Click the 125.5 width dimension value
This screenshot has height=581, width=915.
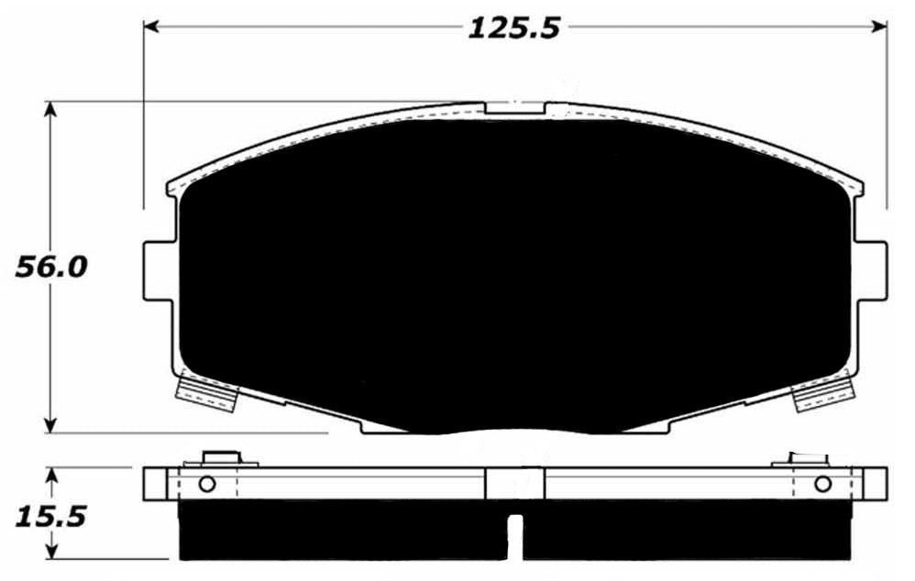click(x=513, y=27)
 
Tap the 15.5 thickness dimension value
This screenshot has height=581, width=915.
click(x=50, y=516)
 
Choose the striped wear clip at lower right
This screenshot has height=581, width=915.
click(x=822, y=396)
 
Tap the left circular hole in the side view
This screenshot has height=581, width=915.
click(x=206, y=484)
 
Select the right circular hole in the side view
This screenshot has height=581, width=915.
click(x=822, y=484)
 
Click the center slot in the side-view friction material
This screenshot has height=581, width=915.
click(x=515, y=536)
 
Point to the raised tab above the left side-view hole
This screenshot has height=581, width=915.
click(x=218, y=457)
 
